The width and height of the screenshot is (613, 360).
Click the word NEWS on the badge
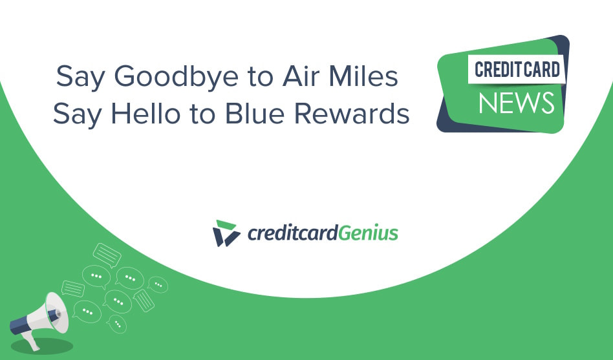click(x=517, y=102)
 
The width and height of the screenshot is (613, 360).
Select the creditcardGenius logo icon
click(x=226, y=233)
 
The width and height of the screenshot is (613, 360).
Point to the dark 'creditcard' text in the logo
click(x=292, y=233)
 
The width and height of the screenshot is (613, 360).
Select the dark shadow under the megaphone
click(x=42, y=346)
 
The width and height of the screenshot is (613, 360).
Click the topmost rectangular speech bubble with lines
click(x=107, y=255)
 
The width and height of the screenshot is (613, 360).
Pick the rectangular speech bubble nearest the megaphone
click(x=73, y=288)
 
